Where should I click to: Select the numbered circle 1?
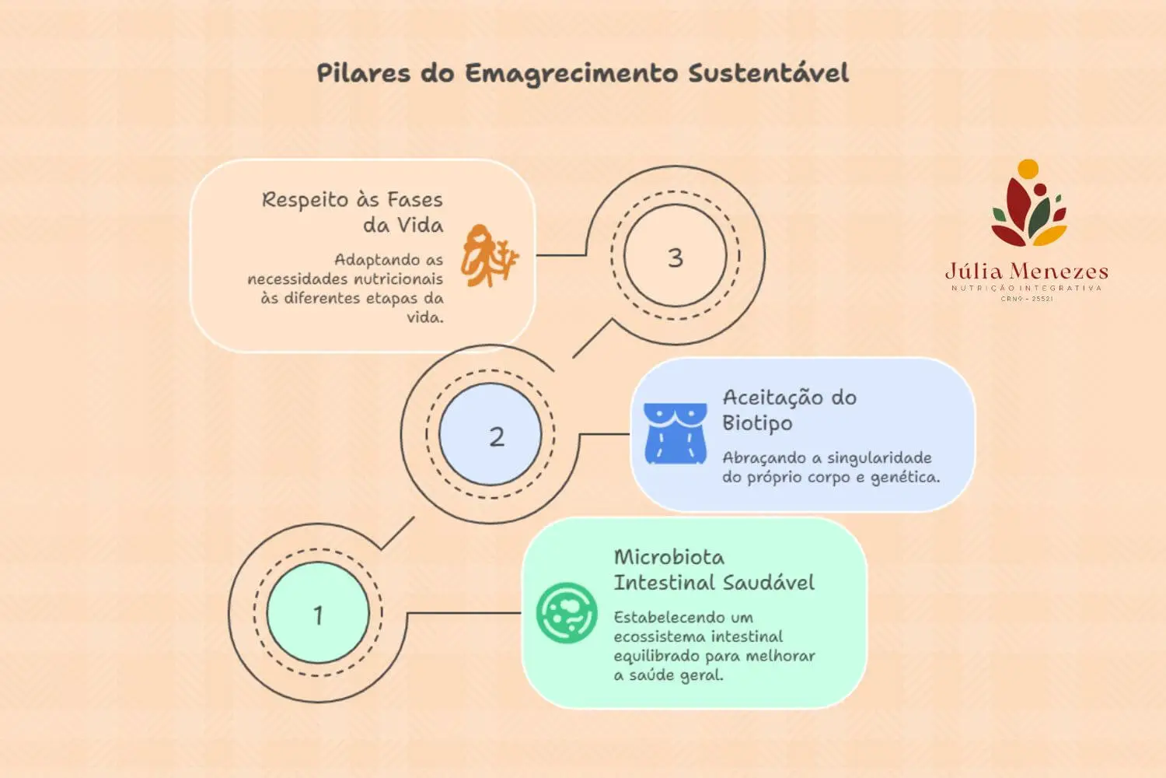pyautogui.click(x=318, y=614)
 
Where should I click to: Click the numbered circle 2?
pyautogui.click(x=497, y=436)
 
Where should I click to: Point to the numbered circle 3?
pyautogui.click(x=675, y=257)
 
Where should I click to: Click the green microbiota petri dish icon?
pyautogui.click(x=567, y=613)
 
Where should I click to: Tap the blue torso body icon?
pyautogui.click(x=676, y=433)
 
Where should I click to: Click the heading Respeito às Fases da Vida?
pyautogui.click(x=352, y=212)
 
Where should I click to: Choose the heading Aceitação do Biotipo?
pyautogui.click(x=789, y=410)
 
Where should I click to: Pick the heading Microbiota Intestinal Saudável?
pyautogui.click(x=714, y=569)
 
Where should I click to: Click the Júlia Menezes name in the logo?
pyautogui.click(x=1026, y=272)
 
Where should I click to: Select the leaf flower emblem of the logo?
pyautogui.click(x=1028, y=204)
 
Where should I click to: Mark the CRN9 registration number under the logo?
pyautogui.click(x=1026, y=299)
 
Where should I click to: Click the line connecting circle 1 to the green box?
pyautogui.click(x=464, y=613)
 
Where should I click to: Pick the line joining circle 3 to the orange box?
pyautogui.click(x=560, y=254)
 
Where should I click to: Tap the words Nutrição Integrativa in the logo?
pyautogui.click(x=1026, y=288)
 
